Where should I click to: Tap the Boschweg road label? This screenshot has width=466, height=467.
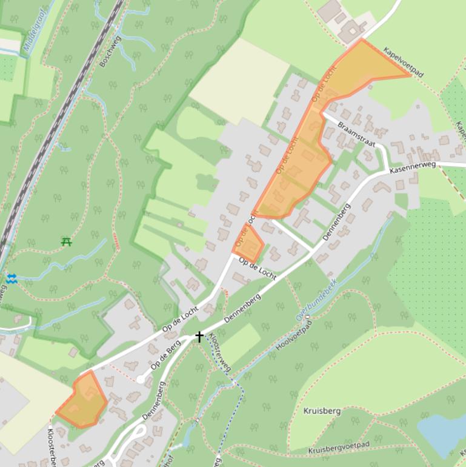[x=110, y=52]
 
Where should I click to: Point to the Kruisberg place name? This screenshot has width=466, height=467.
[x=322, y=411]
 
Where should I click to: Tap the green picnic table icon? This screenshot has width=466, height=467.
[x=67, y=242]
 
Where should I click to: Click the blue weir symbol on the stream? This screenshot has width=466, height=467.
[x=12, y=278]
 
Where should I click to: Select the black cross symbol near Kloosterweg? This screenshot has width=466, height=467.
[x=199, y=336]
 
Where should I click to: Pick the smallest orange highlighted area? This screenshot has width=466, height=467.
[x=248, y=243]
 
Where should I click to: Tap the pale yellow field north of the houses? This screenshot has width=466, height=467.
[x=230, y=79]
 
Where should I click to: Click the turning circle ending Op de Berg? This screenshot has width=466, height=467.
[x=141, y=379]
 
